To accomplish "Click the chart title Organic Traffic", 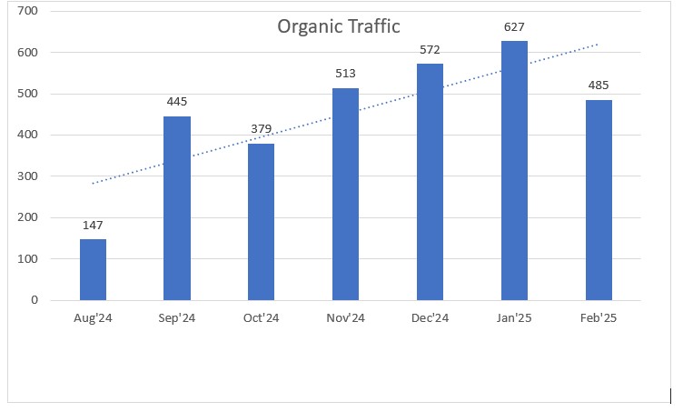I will tap(338, 27).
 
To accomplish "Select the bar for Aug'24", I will tap(93, 269).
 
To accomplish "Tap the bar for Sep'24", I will tap(177, 208).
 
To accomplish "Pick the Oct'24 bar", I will tap(261, 222).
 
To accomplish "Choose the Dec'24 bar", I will tap(430, 182).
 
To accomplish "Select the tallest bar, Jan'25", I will tap(514, 170).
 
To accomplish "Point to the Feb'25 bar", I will tap(599, 200).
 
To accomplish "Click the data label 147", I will tap(93, 224).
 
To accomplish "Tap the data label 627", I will tap(514, 26).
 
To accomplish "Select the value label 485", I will tap(599, 85).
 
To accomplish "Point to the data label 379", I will tap(261, 129).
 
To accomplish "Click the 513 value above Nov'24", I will tap(345, 74).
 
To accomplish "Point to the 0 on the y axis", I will tap(35, 299).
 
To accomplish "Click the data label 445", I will tap(177, 101).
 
